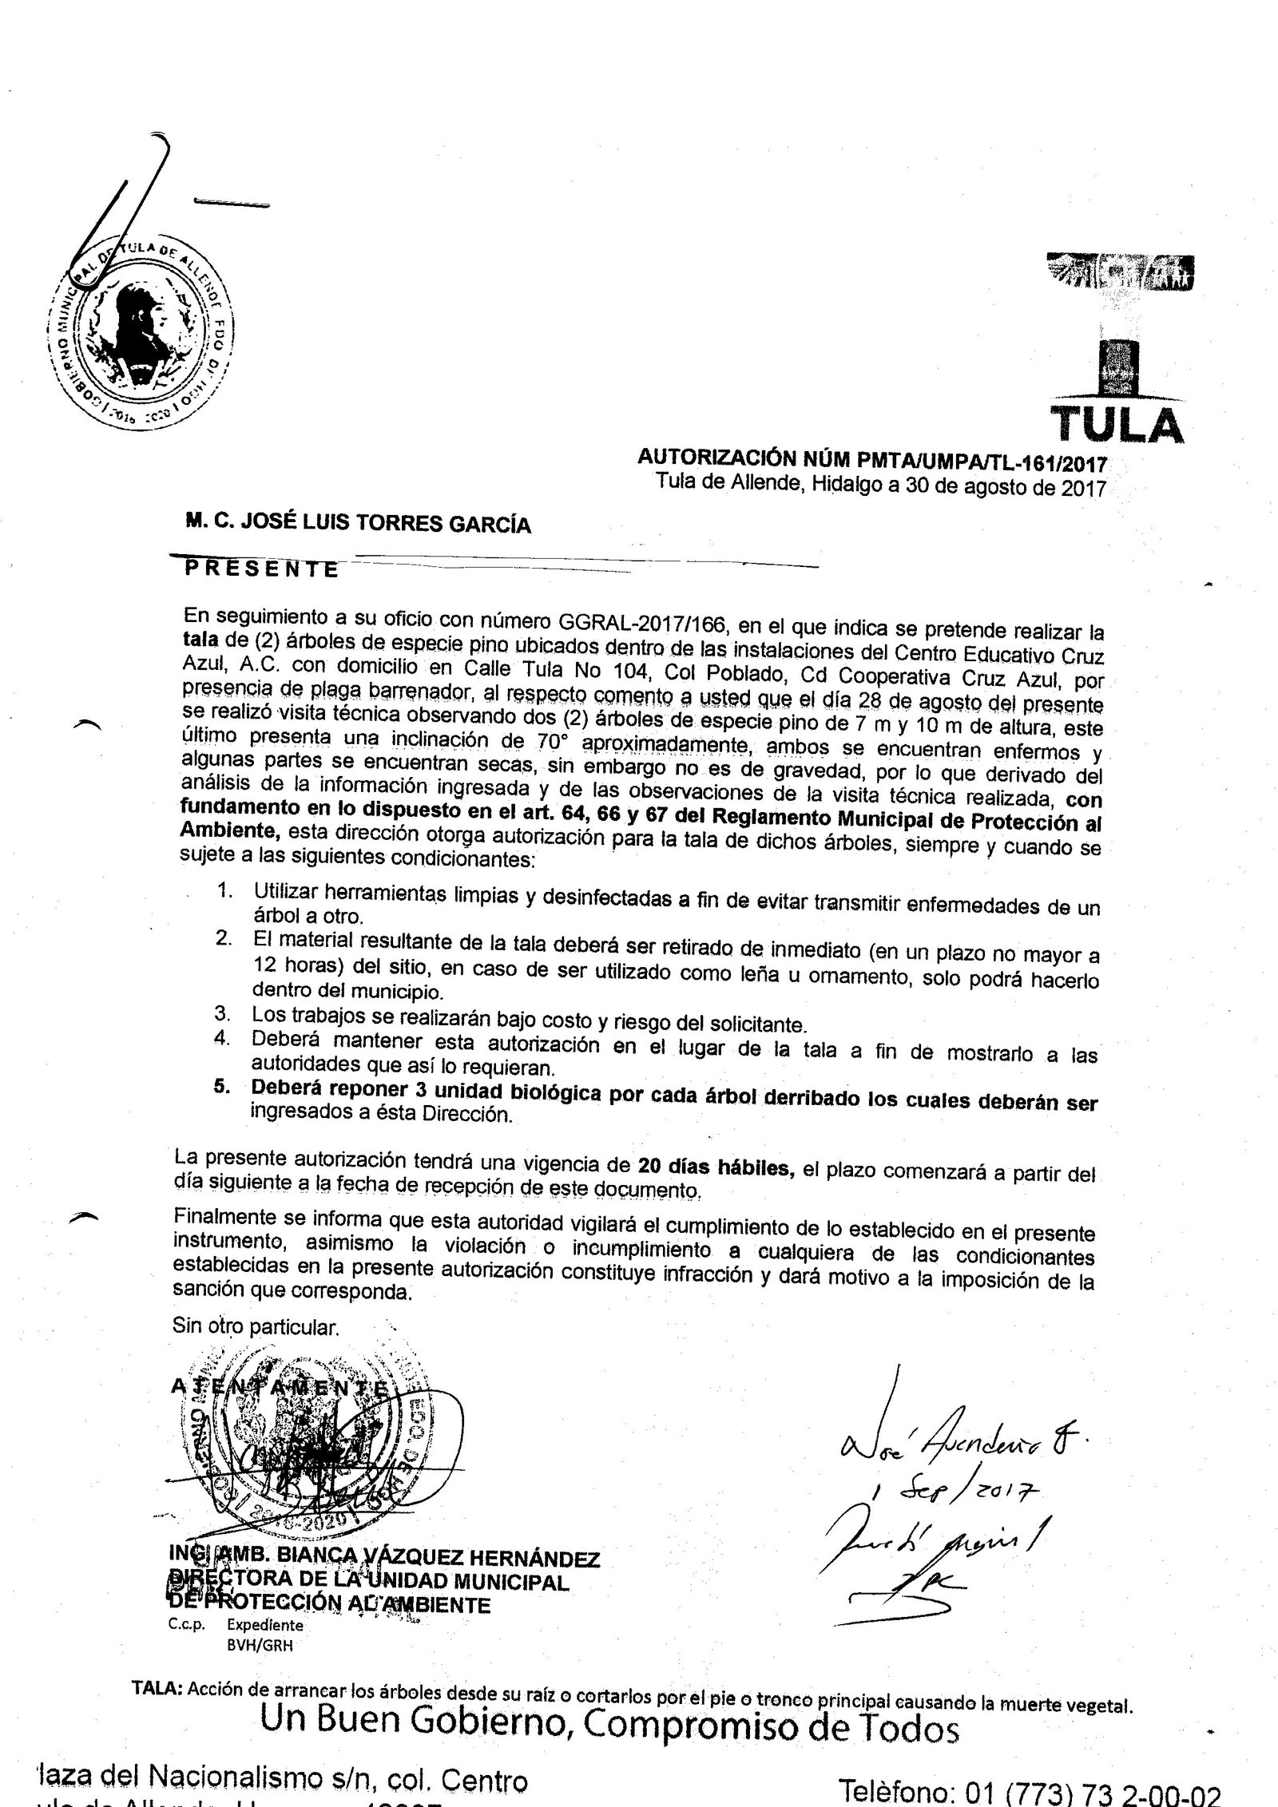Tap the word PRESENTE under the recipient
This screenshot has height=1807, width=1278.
261,568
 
